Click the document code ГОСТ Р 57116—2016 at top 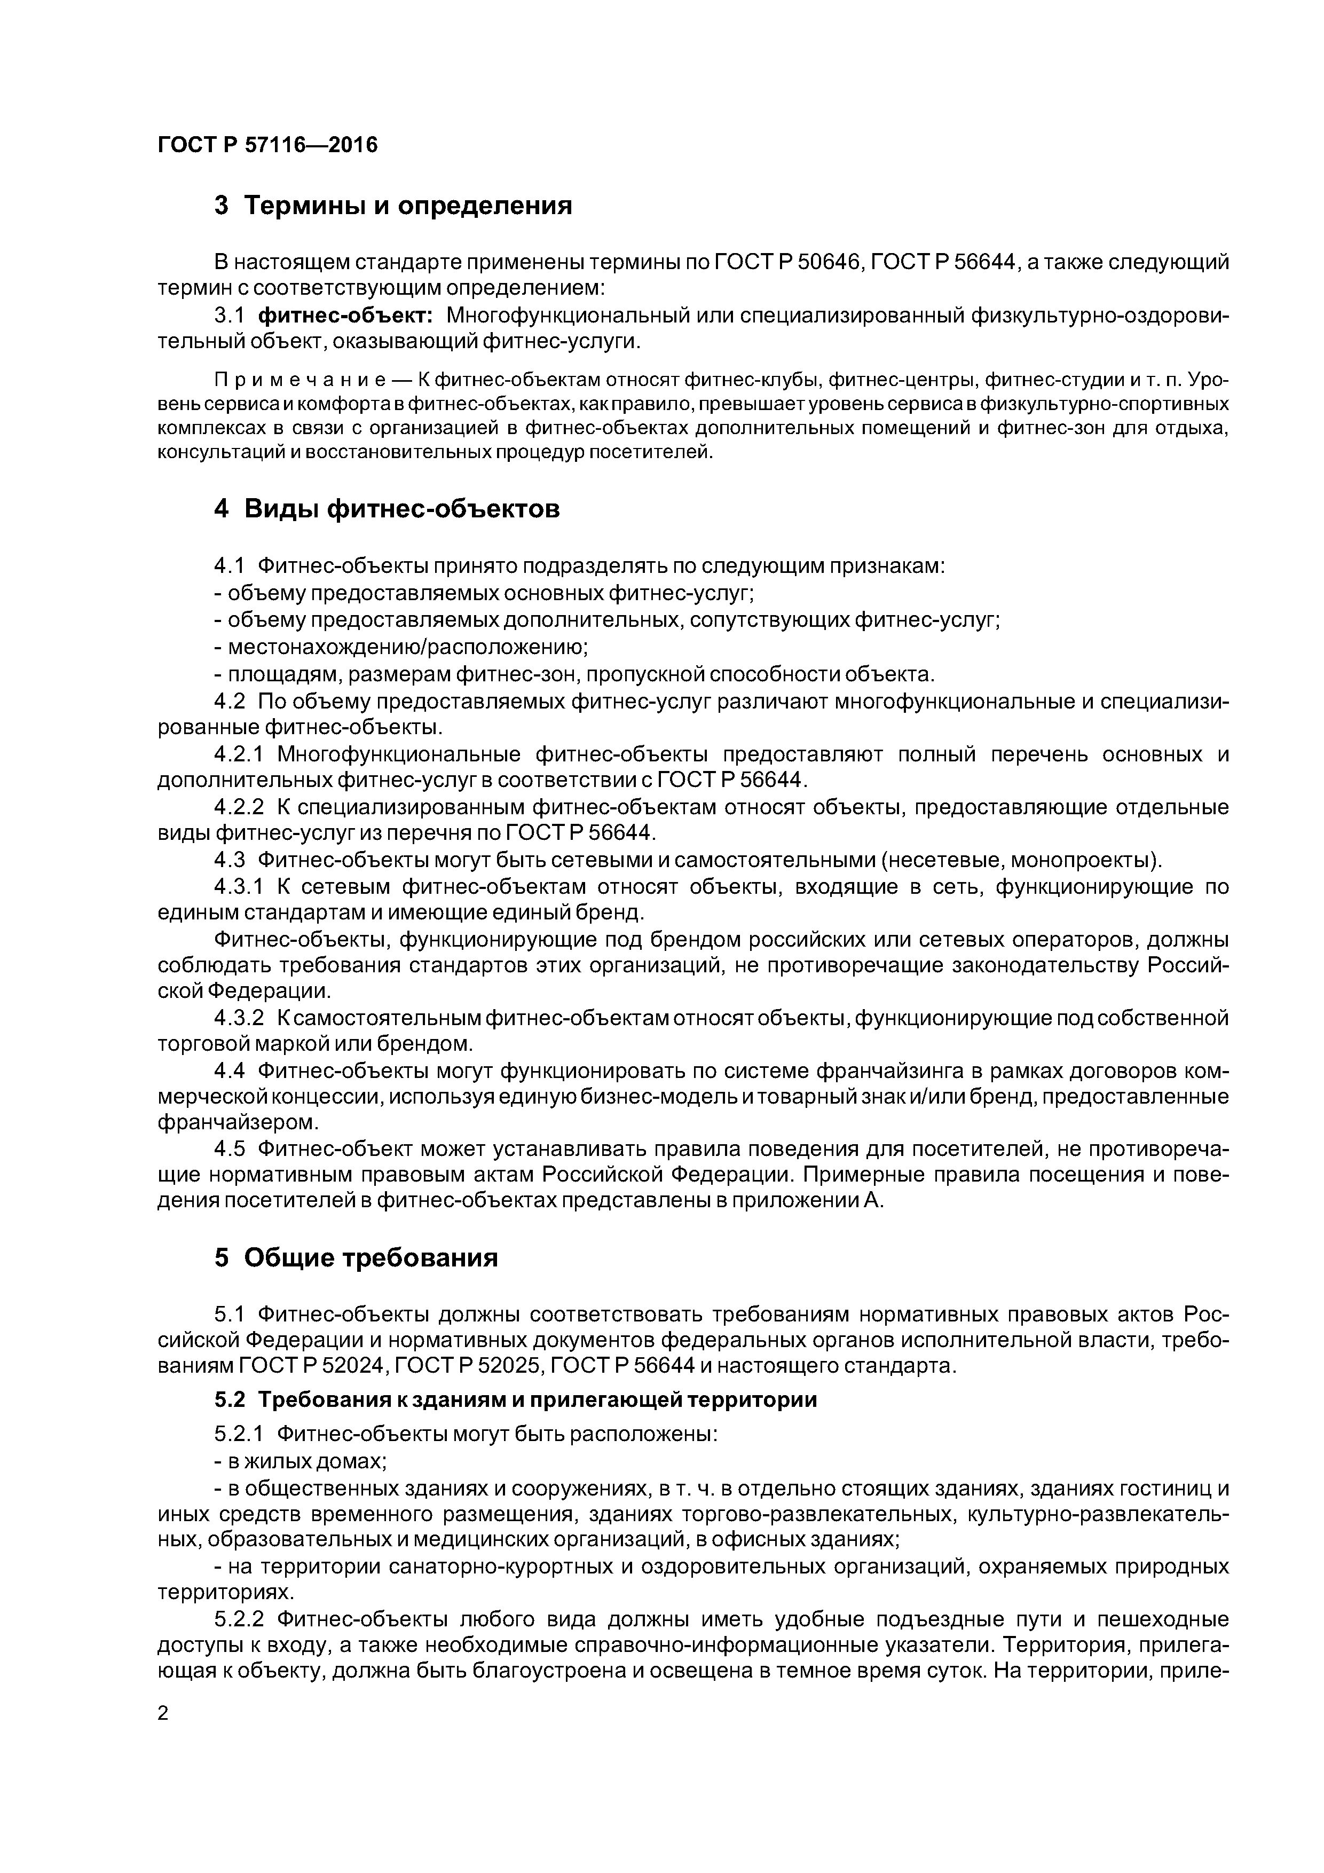click(267, 145)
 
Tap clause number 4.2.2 click(241, 808)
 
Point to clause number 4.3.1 click(241, 887)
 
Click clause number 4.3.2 click(241, 1018)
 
